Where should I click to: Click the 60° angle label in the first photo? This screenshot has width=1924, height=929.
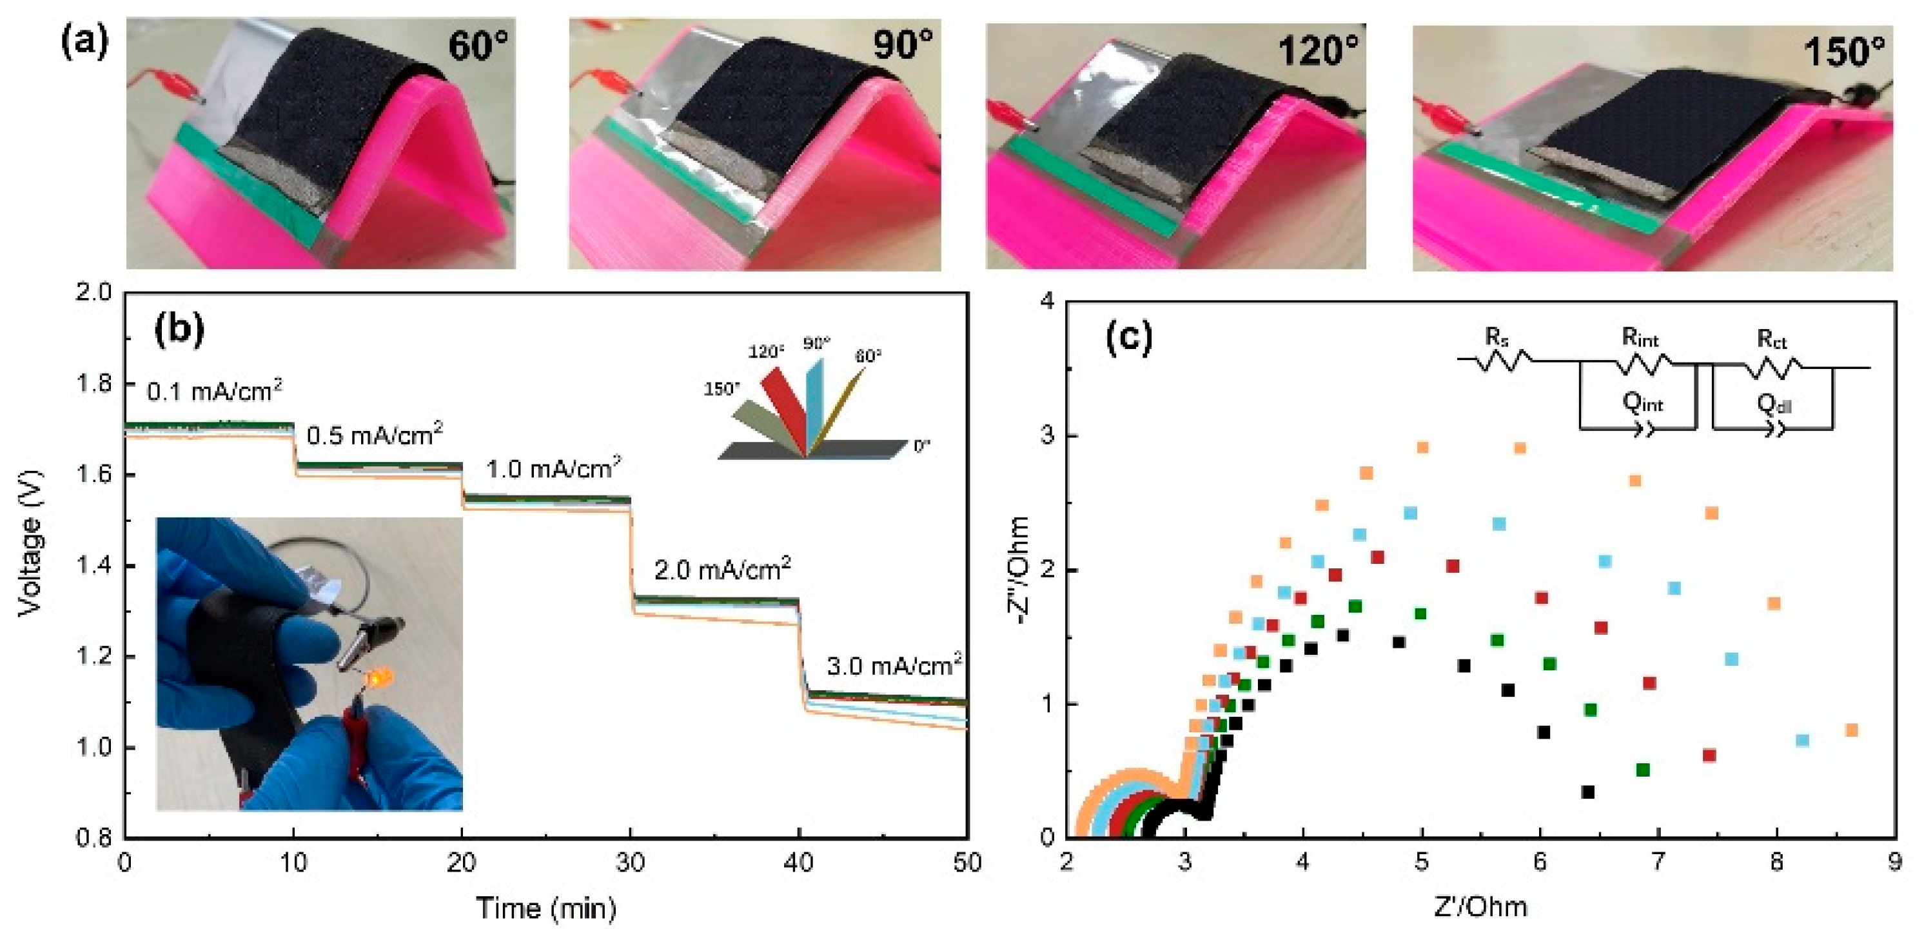[x=477, y=46]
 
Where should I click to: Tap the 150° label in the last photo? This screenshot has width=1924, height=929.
[x=1843, y=52]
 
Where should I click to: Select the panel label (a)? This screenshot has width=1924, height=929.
[x=84, y=41]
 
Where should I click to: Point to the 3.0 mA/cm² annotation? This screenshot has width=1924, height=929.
[x=893, y=664]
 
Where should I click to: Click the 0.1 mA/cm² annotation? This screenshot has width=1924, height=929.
[x=214, y=390]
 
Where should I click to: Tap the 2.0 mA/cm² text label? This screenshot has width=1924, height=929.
[x=722, y=570]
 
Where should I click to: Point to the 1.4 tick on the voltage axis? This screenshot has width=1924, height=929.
[x=95, y=566]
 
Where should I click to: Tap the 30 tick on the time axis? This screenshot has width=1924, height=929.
[x=631, y=863]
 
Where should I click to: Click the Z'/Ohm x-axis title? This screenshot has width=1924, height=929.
[x=1480, y=906]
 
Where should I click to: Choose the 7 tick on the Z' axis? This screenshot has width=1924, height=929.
[x=1658, y=863]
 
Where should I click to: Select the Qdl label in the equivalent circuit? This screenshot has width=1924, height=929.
[x=1773, y=405]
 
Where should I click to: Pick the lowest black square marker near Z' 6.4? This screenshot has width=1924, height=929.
[x=1588, y=792]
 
